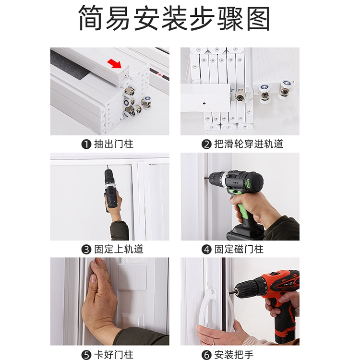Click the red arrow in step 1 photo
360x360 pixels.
coord(115,63)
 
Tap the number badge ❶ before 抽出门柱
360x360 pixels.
coord(86,144)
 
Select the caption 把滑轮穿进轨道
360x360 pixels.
coord(249,144)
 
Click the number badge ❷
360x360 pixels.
coord(206,144)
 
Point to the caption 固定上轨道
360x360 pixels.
coord(119,249)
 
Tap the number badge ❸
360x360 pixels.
coord(86,250)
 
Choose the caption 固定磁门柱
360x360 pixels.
coord(239,249)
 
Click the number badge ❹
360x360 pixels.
coord(206,250)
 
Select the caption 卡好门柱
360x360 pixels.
coord(114,355)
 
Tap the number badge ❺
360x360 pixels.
coord(86,355)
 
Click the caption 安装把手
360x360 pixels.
coord(234,355)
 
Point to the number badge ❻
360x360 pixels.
coord(206,355)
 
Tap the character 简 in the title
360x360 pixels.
coord(91,18)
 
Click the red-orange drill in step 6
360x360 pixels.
coord(276,299)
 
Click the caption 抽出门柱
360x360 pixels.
coord(114,144)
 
